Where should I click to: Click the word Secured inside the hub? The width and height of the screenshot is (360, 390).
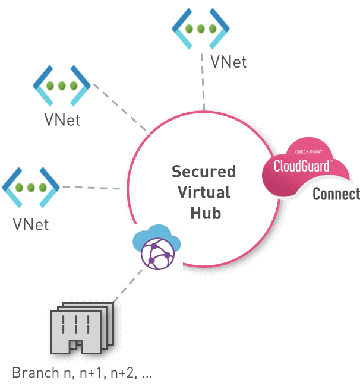[x=203, y=172]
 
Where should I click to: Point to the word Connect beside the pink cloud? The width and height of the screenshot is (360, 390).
[x=336, y=194]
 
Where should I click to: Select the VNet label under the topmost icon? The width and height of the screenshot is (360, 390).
[x=228, y=62]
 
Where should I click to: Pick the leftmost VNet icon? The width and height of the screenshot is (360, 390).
[x=31, y=186]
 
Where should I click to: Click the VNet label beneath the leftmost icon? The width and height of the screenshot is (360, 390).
[x=30, y=225]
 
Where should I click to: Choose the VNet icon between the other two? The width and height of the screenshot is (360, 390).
[x=62, y=84]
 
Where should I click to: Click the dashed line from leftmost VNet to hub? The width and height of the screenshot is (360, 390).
[x=92, y=188]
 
